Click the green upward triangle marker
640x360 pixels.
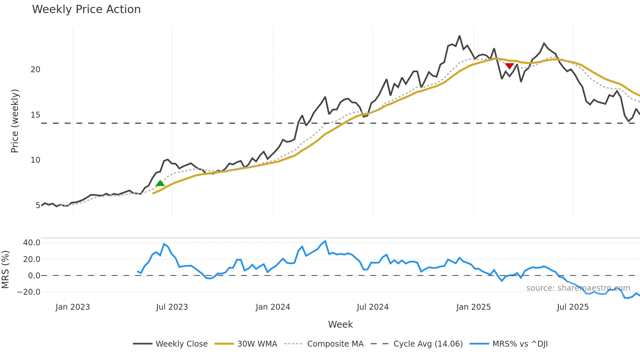160,183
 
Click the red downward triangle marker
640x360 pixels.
509,66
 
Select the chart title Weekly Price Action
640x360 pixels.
86,9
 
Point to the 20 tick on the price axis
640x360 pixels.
36,70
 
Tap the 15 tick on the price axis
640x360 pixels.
36,115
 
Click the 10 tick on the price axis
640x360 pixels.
36,160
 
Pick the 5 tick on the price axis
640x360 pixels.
38,205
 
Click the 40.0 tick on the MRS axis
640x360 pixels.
32,243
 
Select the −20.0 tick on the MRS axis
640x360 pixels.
29,292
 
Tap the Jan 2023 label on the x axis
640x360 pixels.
72,307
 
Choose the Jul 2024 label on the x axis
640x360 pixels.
373,307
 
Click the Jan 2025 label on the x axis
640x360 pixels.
473,307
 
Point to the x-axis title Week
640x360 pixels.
340,324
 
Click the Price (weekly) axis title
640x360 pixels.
15,121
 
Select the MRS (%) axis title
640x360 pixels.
5,270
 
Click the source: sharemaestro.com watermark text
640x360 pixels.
578,288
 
